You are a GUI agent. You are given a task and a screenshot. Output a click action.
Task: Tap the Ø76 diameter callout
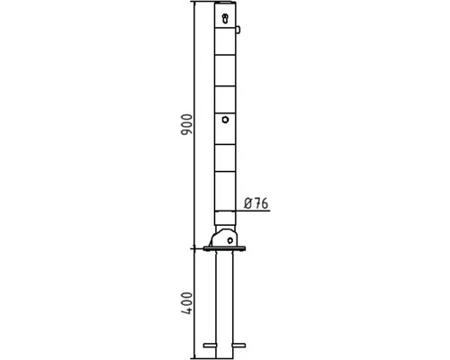pyautogui.click(x=257, y=204)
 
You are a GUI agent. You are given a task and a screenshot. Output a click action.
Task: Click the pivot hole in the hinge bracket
pyautogui.click(x=231, y=239)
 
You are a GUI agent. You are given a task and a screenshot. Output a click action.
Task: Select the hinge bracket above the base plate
pyautogui.click(x=224, y=238)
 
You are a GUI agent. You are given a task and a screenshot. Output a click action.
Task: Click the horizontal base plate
pyautogui.click(x=224, y=249)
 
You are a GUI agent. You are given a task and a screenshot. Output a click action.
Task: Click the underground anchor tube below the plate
pyautogui.click(x=224, y=297)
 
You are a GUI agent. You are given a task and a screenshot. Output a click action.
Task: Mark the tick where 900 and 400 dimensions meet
pyautogui.click(x=193, y=247)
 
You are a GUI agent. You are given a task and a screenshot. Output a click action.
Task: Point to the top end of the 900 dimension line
pyautogui.click(x=193, y=4)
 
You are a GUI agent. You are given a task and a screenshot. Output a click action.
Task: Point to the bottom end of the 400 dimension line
pyautogui.click(x=193, y=355)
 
